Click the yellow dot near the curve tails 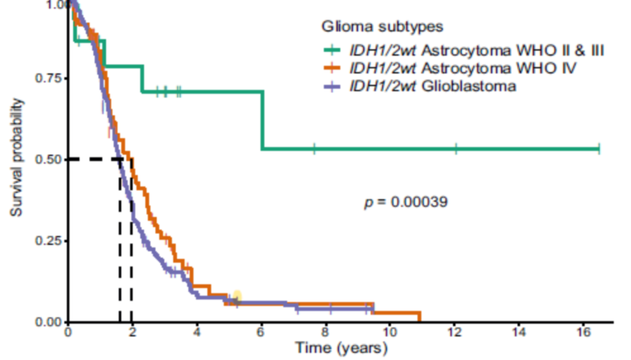coord(237,296)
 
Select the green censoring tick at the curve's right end coord(598,149)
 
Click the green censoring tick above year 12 coord(456,149)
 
